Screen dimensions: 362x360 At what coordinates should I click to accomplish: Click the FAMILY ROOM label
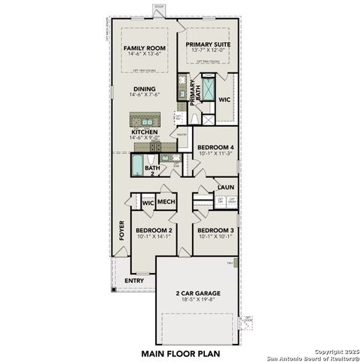pyautogui.click(x=144, y=48)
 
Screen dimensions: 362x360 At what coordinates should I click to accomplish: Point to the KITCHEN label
pyautogui.click(x=144, y=132)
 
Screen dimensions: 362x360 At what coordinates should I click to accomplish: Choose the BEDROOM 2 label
pyautogui.click(x=154, y=230)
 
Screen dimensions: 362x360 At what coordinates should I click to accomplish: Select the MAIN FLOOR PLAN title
pyautogui.click(x=178, y=352)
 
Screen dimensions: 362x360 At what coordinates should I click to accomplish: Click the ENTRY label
pyautogui.click(x=134, y=281)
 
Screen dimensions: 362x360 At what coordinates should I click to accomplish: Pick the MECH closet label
pyautogui.click(x=166, y=202)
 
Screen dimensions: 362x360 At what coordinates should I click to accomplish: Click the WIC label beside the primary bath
pyautogui.click(x=224, y=100)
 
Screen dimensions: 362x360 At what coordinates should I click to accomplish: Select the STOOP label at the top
pyautogui.click(x=158, y=6)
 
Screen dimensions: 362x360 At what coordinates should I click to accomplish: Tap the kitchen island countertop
pyautogui.click(x=145, y=118)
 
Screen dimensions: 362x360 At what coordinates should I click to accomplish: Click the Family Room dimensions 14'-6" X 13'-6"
pyautogui.click(x=144, y=54)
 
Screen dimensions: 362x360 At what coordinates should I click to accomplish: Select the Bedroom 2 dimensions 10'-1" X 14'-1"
pyautogui.click(x=154, y=237)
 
